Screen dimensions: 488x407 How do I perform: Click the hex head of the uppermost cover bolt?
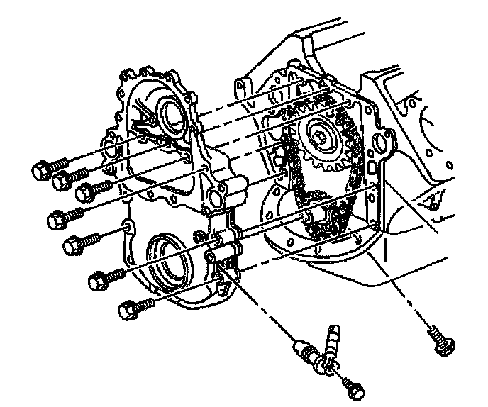click(x=40, y=170)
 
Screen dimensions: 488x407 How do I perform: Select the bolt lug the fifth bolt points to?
click(x=127, y=227)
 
